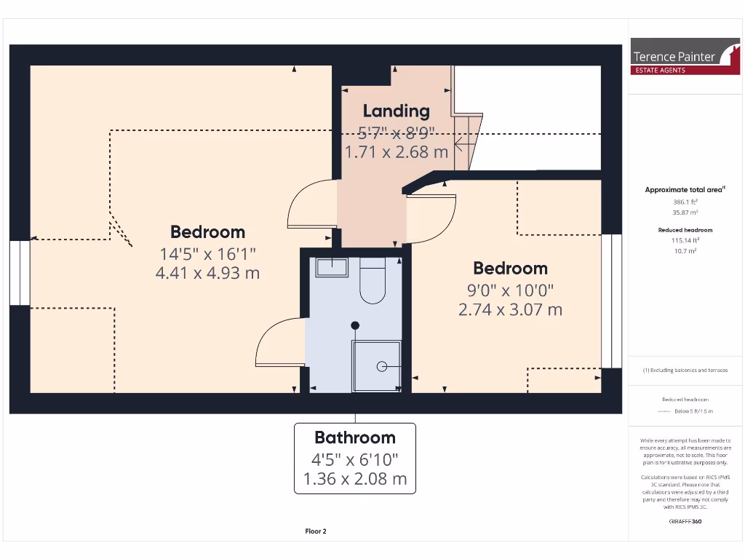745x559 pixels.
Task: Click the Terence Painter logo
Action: coord(685,56)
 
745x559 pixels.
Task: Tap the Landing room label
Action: coord(396,111)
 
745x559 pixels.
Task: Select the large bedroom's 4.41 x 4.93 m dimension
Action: coord(207,273)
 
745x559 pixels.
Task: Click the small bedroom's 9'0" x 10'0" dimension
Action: coord(510,290)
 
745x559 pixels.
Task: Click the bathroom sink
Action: coord(332,267)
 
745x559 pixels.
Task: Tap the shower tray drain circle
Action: coord(382,367)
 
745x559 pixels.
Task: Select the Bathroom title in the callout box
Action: coord(354,437)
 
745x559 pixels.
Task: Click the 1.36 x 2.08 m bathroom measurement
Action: coord(354,480)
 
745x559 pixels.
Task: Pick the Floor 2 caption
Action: coord(316,531)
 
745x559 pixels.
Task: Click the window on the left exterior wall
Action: coord(20,273)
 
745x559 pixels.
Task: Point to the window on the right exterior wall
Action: coord(612,301)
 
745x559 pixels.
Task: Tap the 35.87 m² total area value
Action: coord(684,213)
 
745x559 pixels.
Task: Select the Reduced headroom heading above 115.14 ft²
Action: coord(684,229)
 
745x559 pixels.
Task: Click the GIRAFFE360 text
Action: coord(684,521)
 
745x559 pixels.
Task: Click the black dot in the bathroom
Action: coord(355,325)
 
